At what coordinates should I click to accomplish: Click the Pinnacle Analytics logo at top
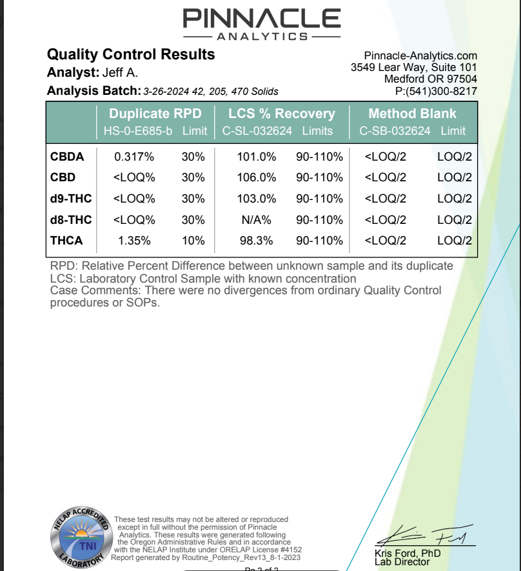(x=261, y=23)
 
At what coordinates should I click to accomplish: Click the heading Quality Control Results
(x=131, y=55)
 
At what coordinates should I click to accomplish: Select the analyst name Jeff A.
(x=120, y=73)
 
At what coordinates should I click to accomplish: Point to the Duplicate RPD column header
(x=155, y=114)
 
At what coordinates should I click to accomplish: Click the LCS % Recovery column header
(x=282, y=114)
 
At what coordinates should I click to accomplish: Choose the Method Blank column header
(x=412, y=114)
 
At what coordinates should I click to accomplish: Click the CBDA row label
(x=67, y=156)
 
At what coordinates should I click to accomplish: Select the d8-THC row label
(x=71, y=220)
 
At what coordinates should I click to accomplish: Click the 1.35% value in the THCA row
(x=134, y=241)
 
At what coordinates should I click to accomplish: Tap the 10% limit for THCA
(x=193, y=241)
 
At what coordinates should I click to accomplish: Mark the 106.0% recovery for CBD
(x=259, y=177)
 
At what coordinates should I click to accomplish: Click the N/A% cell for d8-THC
(x=257, y=220)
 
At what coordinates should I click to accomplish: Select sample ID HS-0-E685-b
(x=139, y=131)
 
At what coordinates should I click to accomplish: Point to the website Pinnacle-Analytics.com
(x=420, y=56)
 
